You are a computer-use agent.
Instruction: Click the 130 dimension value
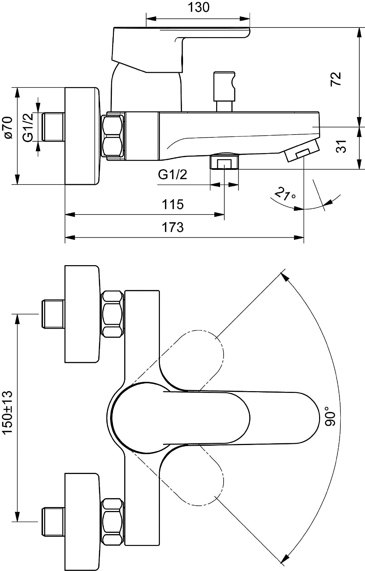tap(198, 7)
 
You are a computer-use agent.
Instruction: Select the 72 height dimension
tap(336, 79)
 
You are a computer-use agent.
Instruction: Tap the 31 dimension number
tap(341, 146)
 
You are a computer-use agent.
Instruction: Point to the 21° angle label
tap(285, 194)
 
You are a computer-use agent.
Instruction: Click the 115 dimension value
tap(173, 204)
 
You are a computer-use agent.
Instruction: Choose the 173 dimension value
tap(173, 227)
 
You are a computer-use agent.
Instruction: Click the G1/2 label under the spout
tap(172, 175)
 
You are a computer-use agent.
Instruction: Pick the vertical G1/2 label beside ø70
tap(28, 127)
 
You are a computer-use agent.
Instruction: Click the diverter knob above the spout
tap(224, 87)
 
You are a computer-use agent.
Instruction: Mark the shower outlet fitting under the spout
tap(224, 162)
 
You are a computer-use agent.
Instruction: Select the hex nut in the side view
tap(113, 136)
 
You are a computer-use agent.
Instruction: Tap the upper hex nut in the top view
tap(113, 314)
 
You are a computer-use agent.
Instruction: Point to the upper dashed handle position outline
tap(199, 352)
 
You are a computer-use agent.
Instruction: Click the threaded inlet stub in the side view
tap(53, 127)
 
